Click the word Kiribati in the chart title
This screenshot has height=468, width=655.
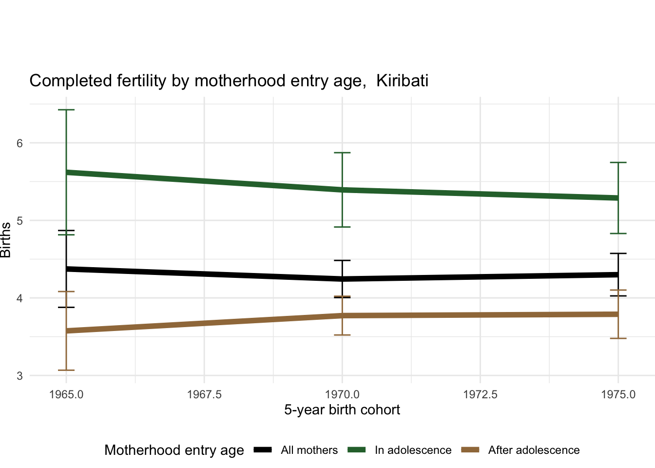402,80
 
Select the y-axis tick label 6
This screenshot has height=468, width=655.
20,143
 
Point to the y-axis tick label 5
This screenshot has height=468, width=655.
20,220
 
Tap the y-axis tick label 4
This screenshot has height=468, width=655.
20,298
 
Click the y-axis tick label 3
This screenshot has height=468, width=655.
20,376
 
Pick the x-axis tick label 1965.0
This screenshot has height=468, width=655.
66,394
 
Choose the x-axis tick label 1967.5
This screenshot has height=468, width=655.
204,394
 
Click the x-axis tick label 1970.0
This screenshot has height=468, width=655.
342,394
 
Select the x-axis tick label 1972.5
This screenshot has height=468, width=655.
480,394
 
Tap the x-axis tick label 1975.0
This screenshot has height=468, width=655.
618,394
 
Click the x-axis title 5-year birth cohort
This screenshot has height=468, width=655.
342,410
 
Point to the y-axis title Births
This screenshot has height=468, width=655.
6,240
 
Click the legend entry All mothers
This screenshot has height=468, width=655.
309,450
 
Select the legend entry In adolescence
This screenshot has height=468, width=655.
413,450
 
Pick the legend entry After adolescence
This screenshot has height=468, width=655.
534,450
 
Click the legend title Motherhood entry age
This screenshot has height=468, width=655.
174,450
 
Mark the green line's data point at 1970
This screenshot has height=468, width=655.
342,190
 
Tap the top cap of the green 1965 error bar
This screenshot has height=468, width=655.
66,110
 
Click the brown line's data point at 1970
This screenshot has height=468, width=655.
342,315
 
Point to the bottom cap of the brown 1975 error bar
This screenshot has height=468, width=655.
618,338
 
